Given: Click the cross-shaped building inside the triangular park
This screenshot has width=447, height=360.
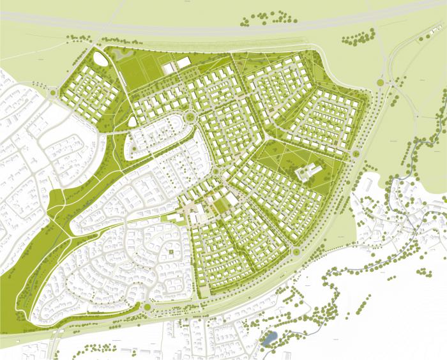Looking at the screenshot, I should tap(308, 171).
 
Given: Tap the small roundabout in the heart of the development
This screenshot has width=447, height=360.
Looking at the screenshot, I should tap(216, 172).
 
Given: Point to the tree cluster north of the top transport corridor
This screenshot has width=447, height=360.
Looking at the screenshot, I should tap(260, 18).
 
